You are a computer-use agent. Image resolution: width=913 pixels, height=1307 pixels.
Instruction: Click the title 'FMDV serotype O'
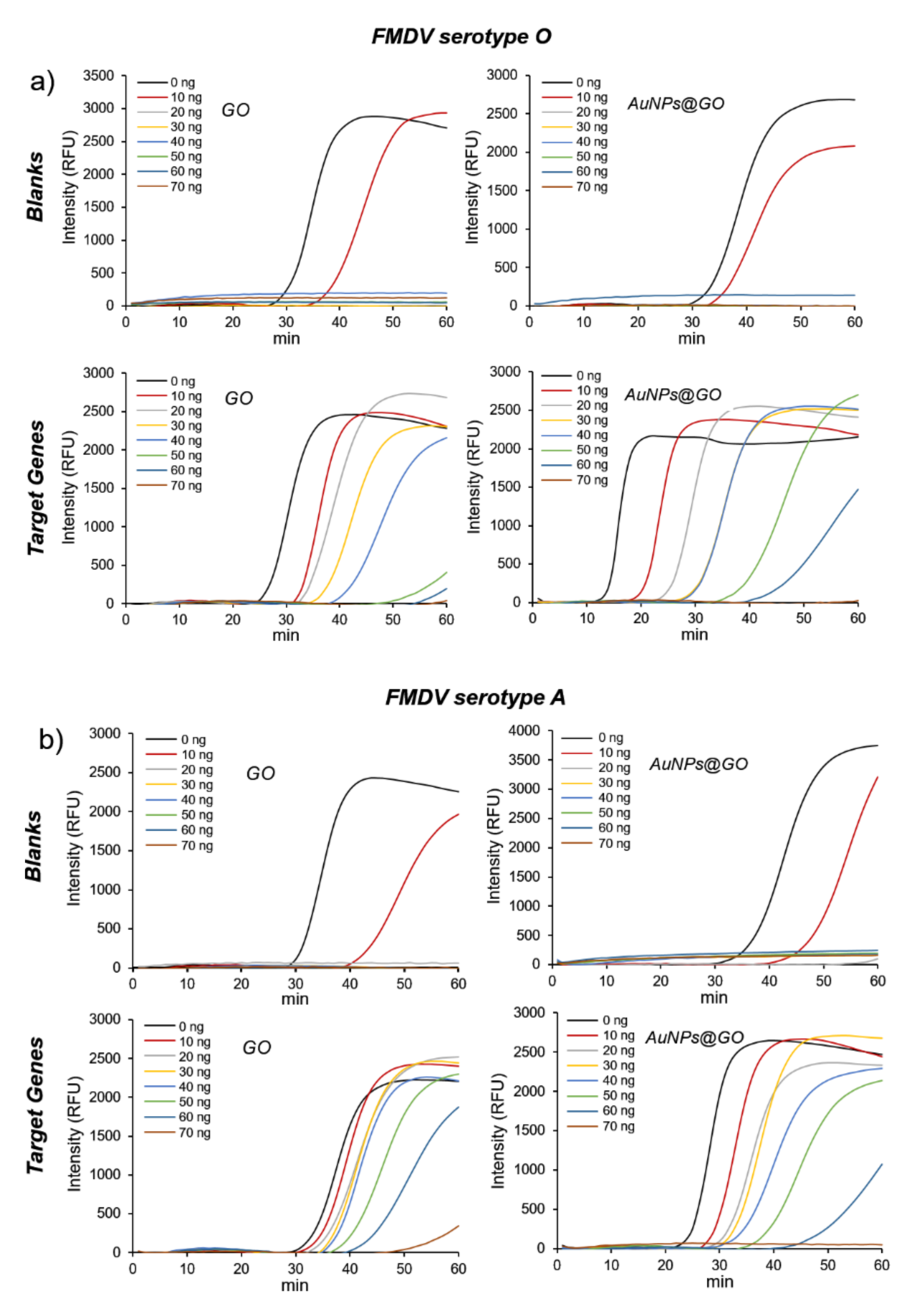(461, 36)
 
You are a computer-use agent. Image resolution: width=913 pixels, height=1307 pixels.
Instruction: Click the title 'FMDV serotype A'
(475, 697)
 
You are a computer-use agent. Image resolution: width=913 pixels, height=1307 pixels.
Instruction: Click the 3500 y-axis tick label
(98, 76)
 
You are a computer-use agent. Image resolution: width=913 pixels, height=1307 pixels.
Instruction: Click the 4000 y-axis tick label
(524, 731)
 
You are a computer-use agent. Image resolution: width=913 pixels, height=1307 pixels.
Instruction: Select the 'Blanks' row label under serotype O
(35, 186)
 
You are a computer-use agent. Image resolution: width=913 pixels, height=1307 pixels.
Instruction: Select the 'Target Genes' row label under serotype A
(35, 1105)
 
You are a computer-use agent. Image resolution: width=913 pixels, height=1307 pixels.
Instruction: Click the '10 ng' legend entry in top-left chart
(186, 97)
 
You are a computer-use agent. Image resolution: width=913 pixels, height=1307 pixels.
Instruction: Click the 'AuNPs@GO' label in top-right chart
(676, 104)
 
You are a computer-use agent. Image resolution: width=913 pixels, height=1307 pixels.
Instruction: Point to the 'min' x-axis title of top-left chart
(286, 339)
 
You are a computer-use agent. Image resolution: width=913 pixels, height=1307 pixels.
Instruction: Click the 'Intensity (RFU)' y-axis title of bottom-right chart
(497, 1131)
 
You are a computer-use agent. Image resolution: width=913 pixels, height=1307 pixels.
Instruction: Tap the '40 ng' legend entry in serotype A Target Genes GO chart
(194, 1087)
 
